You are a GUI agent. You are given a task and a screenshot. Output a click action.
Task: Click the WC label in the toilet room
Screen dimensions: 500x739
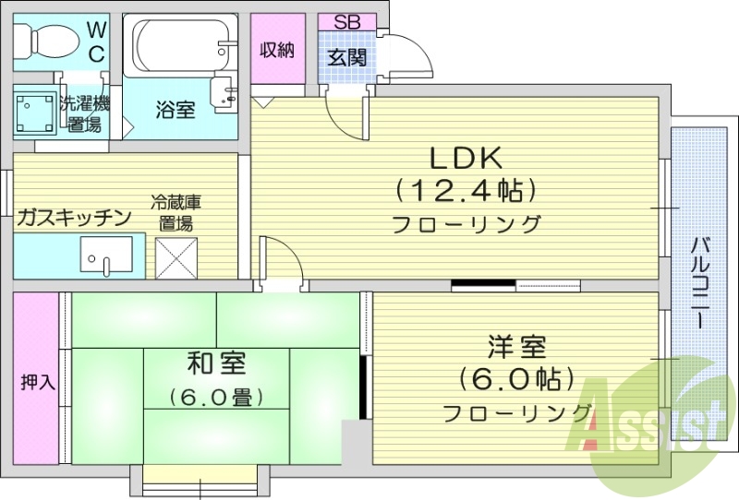click(x=96, y=41)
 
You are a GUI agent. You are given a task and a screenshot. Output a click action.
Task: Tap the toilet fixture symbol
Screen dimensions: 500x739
click(x=42, y=40)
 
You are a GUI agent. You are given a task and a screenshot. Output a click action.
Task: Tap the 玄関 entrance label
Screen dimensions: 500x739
click(x=347, y=56)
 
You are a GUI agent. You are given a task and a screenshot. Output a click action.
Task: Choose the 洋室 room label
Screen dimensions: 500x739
click(x=516, y=348)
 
